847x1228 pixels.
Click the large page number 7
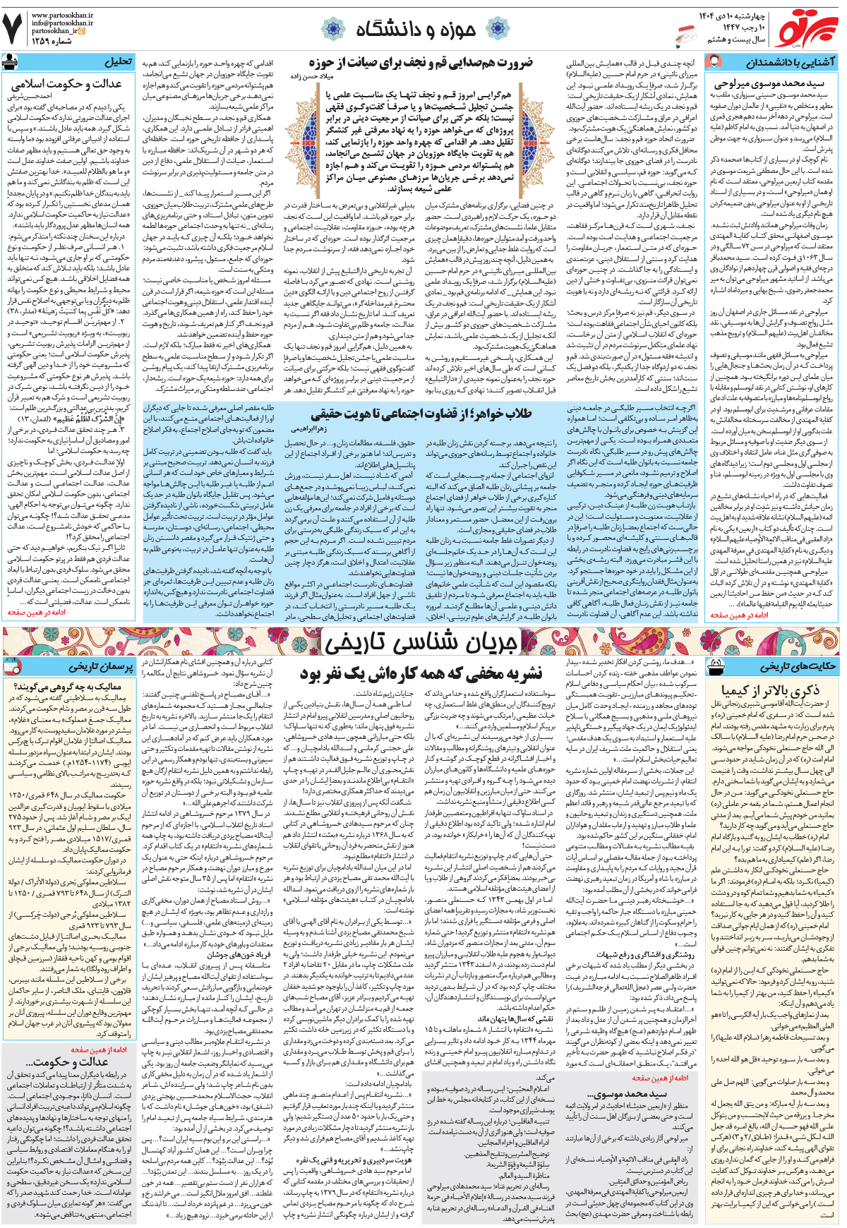13,28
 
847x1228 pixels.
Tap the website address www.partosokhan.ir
62,13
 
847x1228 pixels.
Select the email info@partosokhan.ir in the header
62,23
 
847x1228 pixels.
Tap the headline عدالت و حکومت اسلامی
66,84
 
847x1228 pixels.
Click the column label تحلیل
117,61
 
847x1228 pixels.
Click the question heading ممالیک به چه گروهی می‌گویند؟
68,685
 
